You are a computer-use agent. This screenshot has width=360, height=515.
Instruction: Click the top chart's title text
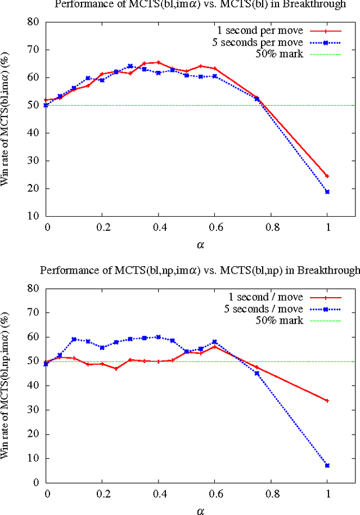point(200,5)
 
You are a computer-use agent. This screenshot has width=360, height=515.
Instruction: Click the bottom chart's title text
point(200,270)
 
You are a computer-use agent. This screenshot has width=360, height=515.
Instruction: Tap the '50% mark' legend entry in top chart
point(280,55)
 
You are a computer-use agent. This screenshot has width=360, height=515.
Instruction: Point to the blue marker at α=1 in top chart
point(327,192)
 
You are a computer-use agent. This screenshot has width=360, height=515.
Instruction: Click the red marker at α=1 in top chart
point(327,176)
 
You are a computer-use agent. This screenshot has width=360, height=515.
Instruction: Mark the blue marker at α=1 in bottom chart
point(327,465)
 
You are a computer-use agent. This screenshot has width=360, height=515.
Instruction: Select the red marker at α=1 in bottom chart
point(327,401)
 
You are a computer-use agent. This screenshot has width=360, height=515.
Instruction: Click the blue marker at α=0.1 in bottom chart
point(74,339)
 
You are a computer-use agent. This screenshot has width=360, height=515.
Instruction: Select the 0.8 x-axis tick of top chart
point(271,226)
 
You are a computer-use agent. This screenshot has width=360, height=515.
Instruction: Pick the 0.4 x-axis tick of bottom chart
point(158,492)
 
